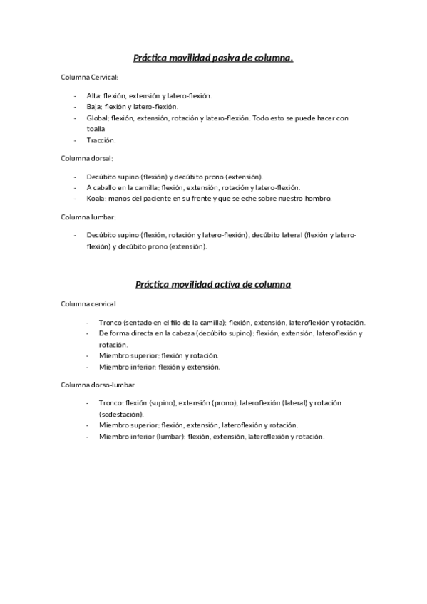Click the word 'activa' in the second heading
(220, 284)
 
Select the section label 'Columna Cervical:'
(89, 77)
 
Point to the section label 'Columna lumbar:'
(87, 217)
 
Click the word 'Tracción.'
(101, 140)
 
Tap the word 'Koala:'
(97, 198)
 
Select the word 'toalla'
(96, 129)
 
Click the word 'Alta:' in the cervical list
(93, 95)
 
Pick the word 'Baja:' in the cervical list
(94, 106)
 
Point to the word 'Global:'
(98, 118)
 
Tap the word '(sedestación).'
(122, 414)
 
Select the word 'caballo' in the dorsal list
(106, 187)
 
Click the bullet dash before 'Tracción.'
(76, 140)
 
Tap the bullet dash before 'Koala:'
(76, 198)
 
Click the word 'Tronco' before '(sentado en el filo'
(110, 322)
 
